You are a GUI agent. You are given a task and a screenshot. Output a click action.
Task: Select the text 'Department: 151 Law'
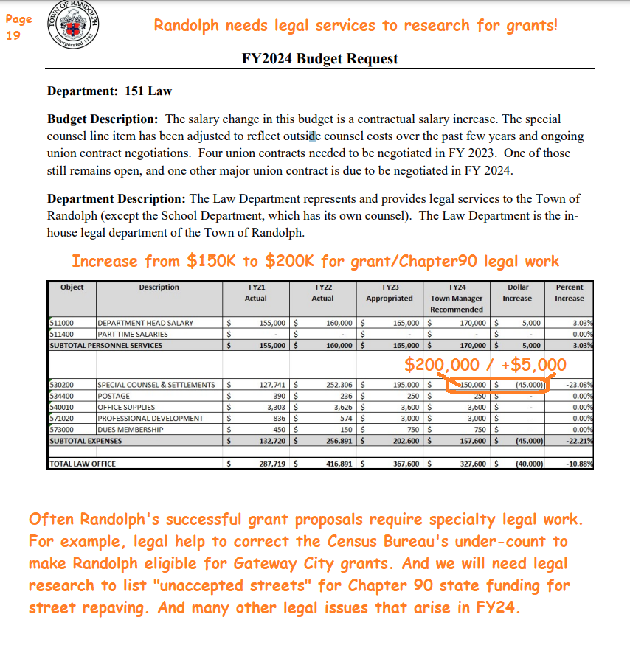coord(109,91)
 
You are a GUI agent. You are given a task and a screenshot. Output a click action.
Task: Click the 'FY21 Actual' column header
coord(255,293)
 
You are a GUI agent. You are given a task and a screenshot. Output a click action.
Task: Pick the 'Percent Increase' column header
coord(569,293)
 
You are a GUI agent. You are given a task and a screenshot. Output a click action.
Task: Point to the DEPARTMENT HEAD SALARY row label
coord(145,323)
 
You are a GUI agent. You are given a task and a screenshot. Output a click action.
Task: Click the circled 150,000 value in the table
coord(470,385)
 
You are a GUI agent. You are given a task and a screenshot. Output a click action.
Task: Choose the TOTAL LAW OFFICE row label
coord(83,464)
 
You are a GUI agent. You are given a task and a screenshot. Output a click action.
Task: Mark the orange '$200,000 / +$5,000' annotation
coord(485,364)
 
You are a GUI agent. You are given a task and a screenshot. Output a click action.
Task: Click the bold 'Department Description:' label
coord(117,199)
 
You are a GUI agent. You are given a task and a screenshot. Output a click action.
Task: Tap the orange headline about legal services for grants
coord(356,26)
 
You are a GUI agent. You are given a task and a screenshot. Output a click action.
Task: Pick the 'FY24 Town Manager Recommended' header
coord(457,298)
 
